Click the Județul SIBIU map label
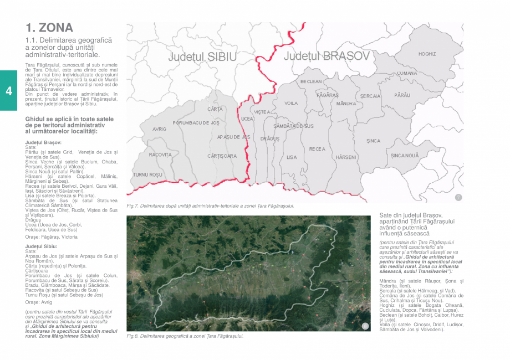(x=203, y=57)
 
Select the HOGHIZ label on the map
(x=427, y=54)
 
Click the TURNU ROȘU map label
(x=146, y=174)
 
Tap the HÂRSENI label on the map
(x=346, y=157)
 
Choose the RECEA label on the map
(x=317, y=149)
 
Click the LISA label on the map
(x=292, y=157)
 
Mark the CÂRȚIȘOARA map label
(x=222, y=156)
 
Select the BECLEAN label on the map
(x=311, y=81)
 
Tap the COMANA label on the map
(x=406, y=73)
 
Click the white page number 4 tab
(x=8, y=91)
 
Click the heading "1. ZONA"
(x=49, y=27)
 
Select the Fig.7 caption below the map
(x=210, y=205)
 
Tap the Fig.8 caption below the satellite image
(x=185, y=336)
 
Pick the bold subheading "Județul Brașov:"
(x=43, y=142)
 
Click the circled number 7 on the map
(x=458, y=198)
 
